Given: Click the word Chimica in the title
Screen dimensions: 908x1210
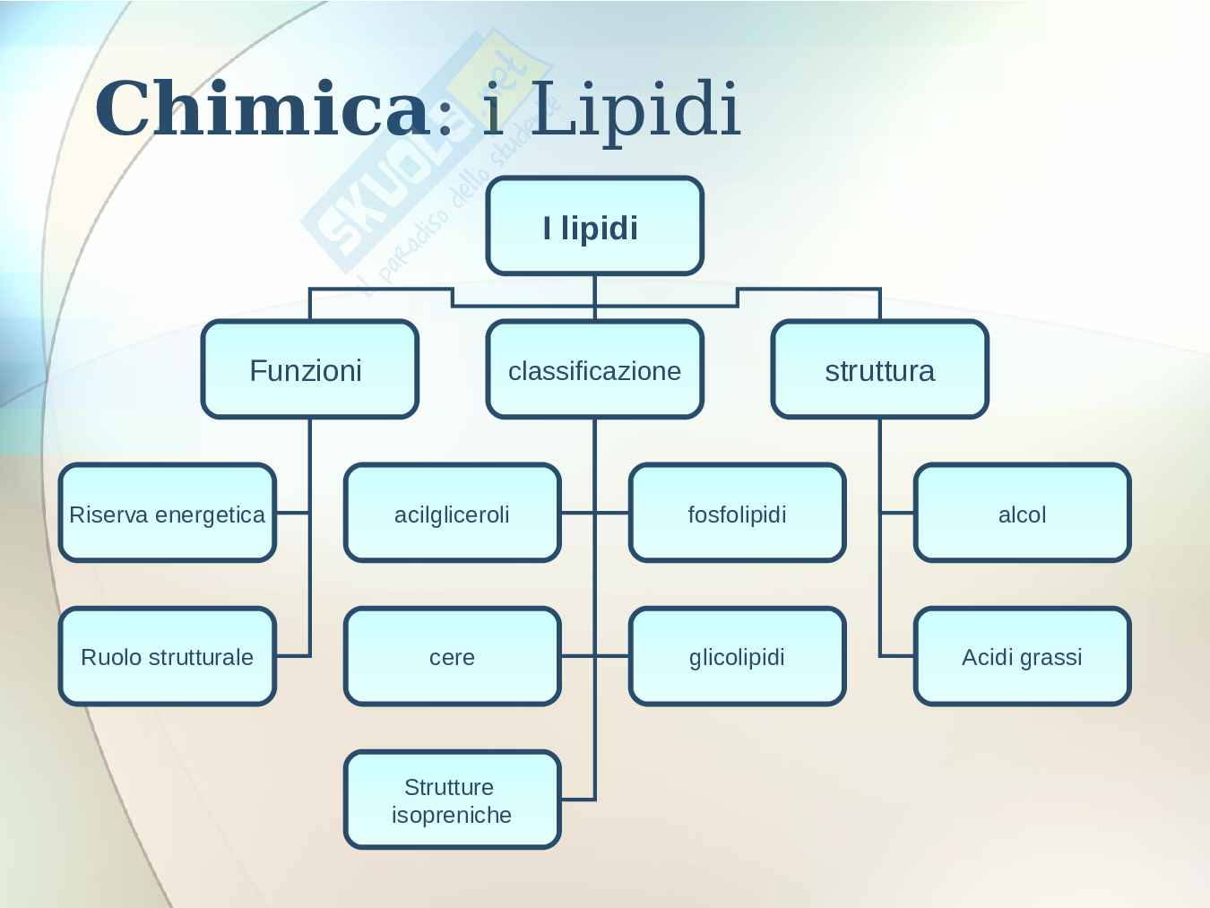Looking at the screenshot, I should (261, 108).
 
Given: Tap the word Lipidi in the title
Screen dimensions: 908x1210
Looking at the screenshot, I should (635, 108).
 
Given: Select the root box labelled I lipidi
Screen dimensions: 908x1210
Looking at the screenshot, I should (594, 226).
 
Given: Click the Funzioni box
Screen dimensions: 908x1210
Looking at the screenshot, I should (309, 369).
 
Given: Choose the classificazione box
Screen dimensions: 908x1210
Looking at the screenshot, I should (594, 369).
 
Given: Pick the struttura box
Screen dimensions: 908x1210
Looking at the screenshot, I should (879, 369).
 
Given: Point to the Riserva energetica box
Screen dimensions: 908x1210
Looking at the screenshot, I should (167, 513).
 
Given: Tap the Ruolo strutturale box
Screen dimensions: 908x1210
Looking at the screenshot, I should (167, 656).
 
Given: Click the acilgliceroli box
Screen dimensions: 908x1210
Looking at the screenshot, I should (452, 513).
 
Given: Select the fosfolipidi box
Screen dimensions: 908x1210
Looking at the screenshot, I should (737, 513).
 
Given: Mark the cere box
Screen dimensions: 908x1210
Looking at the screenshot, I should (452, 656).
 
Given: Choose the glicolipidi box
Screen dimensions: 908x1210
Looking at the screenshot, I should (737, 656).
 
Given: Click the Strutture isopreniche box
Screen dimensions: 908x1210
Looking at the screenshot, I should (452, 800).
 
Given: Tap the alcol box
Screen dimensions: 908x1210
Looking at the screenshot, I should (1022, 513).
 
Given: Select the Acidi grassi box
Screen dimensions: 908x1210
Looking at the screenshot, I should (1022, 656).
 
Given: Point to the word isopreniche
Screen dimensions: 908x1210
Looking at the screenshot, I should (452, 815).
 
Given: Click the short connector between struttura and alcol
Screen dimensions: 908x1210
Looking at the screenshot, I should (896, 513).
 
